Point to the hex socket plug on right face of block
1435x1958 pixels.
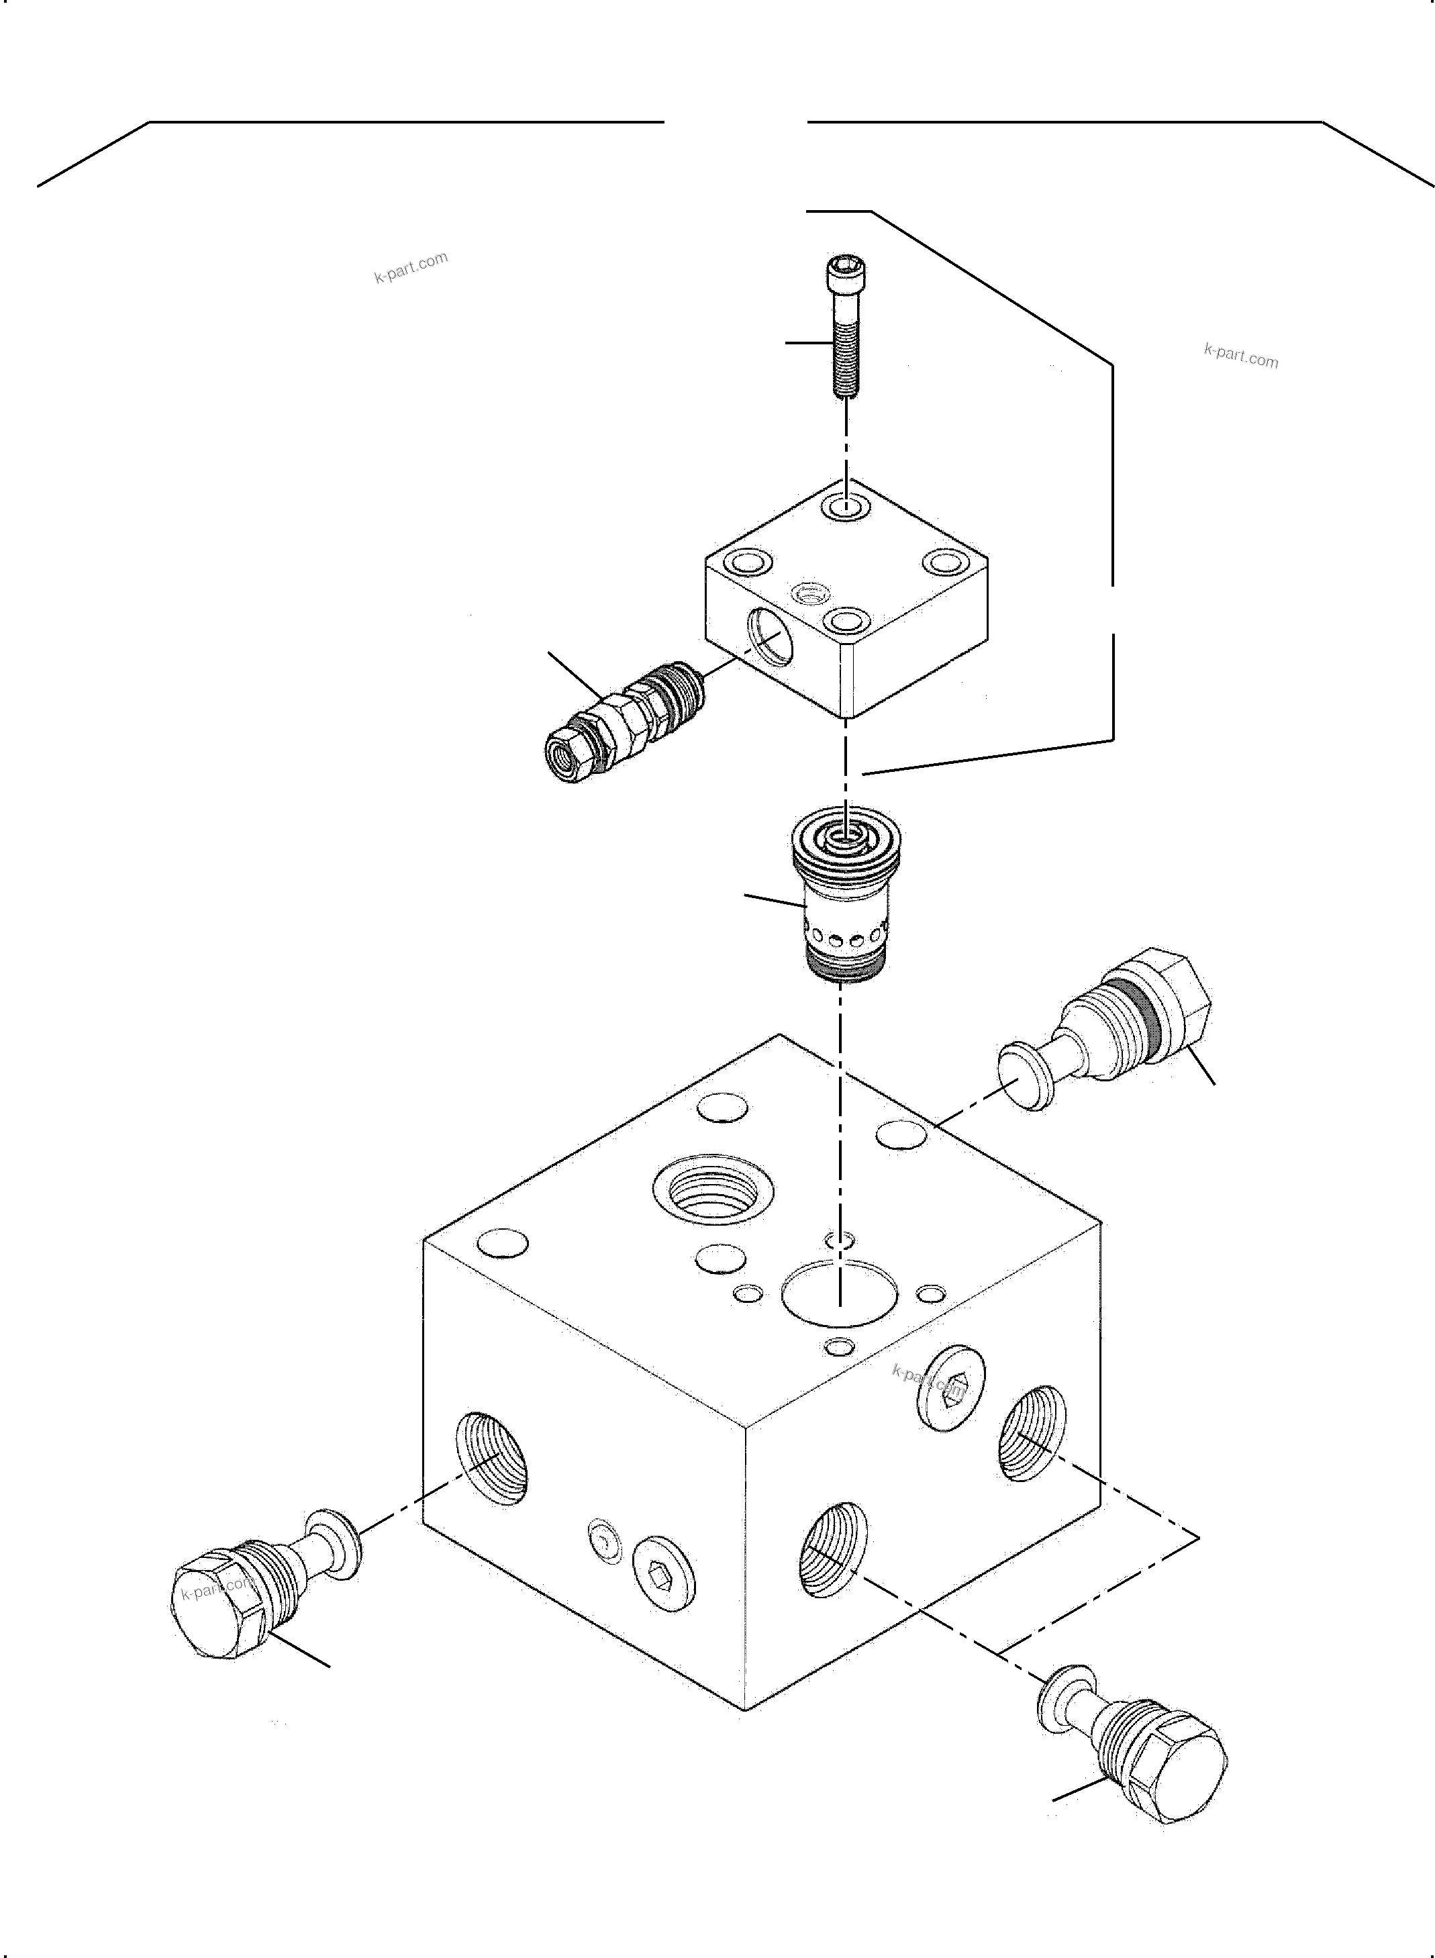coord(950,1388)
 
